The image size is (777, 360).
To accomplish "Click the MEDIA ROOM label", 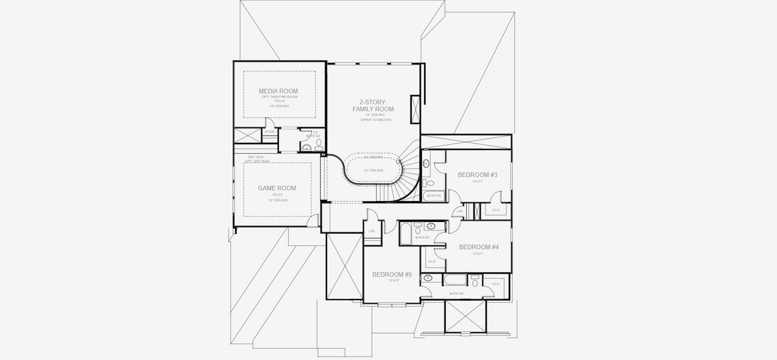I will [278, 91].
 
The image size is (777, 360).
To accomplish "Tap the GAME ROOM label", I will [277, 188].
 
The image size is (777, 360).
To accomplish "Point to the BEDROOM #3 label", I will [477, 175].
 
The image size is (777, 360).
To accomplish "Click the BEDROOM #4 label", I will [478, 247].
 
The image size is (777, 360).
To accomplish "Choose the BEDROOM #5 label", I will [392, 274].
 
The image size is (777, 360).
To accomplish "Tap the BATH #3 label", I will [433, 196].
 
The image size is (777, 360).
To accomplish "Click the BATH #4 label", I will [422, 238].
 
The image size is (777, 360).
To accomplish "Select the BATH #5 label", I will [456, 293].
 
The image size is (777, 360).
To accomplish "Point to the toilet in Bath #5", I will [475, 281].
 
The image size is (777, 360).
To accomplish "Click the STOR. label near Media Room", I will [269, 131].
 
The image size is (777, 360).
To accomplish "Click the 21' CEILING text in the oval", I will [373, 170].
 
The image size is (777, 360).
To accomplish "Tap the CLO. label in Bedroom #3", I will [496, 211].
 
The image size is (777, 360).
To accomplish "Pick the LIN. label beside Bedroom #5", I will [372, 231].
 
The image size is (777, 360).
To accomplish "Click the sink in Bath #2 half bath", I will [307, 147].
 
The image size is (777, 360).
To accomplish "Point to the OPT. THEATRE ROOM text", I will [279, 97].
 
